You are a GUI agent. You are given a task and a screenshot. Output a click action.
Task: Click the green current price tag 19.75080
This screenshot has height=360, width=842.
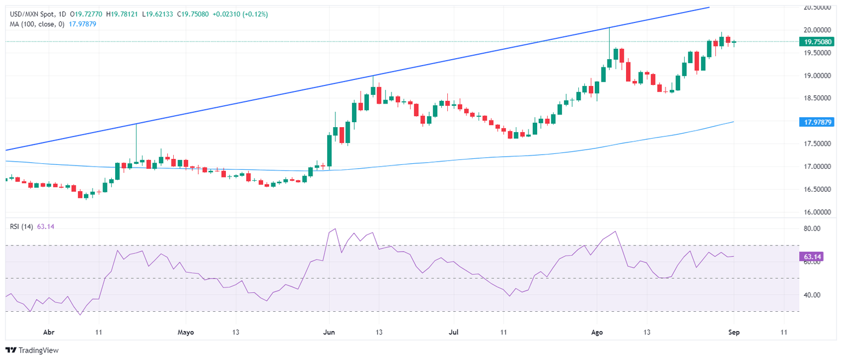coord(817,42)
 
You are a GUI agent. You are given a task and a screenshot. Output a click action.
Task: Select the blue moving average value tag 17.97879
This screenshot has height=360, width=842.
coord(817,122)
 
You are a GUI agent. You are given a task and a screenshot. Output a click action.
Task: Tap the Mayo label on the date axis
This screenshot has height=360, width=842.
coord(186,332)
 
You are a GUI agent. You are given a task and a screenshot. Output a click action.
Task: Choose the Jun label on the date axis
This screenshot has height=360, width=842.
coord(329,332)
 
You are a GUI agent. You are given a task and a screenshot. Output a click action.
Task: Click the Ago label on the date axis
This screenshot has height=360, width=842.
coord(598,332)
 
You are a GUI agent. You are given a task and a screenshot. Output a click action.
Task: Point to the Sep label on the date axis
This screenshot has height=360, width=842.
coord(735,332)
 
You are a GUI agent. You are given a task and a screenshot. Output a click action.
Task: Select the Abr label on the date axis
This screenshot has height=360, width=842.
coord(49,332)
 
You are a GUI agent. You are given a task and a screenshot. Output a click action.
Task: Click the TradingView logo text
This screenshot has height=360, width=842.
coord(38,350)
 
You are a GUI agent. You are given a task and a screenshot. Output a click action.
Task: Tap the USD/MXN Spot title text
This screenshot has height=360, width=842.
coord(31,14)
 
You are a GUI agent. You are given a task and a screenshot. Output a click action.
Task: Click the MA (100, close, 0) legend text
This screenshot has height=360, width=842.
coord(36,24)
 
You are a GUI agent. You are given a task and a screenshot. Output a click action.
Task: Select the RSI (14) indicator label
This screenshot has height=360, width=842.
coord(20,226)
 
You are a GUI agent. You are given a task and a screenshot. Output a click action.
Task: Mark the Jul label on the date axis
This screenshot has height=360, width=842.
coord(453,332)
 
